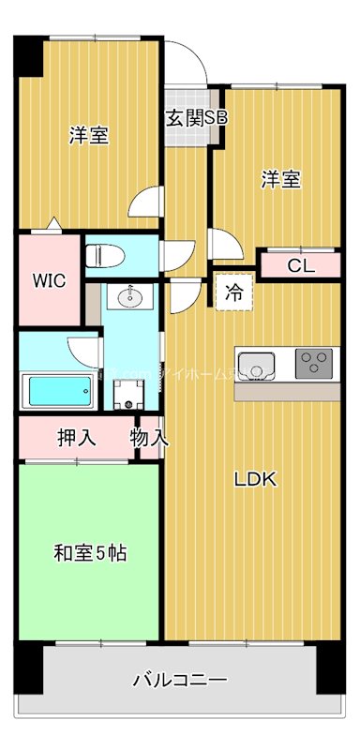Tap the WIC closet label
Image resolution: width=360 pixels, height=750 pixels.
point(49,280)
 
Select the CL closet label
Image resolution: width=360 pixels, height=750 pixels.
point(300,265)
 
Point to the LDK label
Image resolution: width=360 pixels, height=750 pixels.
point(255,480)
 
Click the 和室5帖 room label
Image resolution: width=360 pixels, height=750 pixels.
point(89,553)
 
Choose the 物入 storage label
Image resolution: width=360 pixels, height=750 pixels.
point(149,438)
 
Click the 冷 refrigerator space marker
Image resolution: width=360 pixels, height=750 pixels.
point(233,292)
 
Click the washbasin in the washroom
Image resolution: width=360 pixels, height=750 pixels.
point(128,299)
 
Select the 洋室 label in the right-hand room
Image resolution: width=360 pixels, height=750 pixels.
point(280,179)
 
